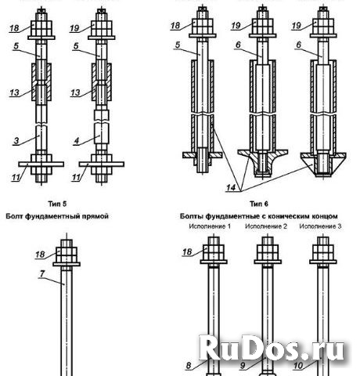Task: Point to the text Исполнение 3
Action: pos(324,226)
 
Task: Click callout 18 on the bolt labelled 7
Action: pos(41,255)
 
